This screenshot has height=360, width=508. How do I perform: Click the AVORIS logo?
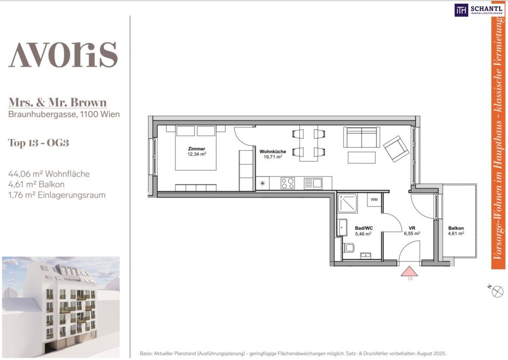click(63, 55)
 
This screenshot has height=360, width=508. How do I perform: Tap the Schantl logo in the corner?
click(479, 10)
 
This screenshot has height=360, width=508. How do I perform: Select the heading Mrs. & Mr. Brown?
click(57, 102)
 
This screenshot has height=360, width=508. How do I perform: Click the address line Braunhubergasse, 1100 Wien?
click(64, 114)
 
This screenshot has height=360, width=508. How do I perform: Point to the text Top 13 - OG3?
click(39, 143)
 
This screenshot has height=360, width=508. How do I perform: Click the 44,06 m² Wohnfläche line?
click(49, 174)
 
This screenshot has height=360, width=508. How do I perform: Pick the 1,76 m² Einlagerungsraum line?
click(57, 195)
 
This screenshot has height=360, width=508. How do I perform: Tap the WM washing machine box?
click(374, 200)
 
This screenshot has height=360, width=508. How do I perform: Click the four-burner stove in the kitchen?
click(288, 183)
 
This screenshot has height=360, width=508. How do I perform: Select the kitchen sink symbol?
click(313, 183)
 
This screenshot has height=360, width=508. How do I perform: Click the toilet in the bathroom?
click(349, 248)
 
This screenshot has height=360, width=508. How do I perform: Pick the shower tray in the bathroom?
click(347, 203)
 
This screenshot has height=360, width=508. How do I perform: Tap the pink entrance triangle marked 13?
click(409, 272)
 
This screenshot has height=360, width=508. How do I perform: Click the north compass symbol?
click(497, 292)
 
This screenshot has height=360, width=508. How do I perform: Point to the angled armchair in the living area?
click(396, 149)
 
